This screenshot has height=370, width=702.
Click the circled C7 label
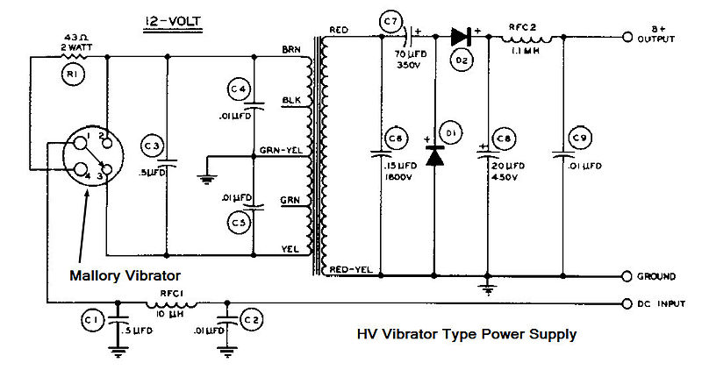point(390,20)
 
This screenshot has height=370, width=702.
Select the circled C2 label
point(251,321)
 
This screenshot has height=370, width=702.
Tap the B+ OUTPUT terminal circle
point(627,39)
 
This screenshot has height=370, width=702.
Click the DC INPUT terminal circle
point(627,303)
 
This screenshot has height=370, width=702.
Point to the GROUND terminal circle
point(627,276)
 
